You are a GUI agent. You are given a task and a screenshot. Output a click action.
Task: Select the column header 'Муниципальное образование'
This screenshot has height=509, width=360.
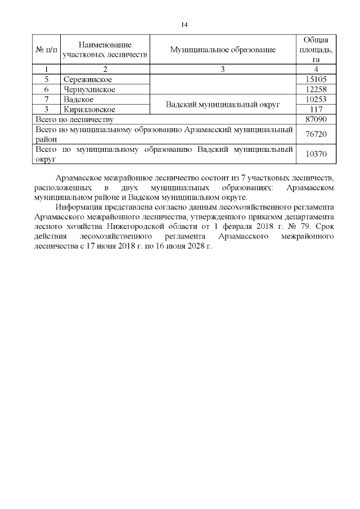pos(223,49)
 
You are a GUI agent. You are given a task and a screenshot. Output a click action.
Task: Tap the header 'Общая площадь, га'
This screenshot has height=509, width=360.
pos(316,49)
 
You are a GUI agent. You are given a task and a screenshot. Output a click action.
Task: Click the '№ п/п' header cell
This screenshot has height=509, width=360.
pos(46,49)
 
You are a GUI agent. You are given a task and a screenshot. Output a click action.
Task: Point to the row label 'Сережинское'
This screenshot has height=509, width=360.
pos(87,79)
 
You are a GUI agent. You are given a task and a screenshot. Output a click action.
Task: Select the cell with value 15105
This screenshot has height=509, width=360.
pos(316,79)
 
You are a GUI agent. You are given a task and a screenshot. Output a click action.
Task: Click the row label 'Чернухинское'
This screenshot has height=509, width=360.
pos(90,89)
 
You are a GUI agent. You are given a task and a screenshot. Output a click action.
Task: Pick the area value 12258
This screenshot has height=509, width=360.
pos(316,89)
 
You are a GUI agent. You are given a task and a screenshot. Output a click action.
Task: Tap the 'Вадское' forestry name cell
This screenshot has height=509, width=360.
pos(79,100)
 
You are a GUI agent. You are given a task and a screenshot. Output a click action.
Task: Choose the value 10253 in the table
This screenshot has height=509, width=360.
pos(316,100)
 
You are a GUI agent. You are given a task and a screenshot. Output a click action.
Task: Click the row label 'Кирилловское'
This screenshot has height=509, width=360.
pos(90,109)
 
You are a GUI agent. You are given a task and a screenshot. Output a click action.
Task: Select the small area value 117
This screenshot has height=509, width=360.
pos(316,109)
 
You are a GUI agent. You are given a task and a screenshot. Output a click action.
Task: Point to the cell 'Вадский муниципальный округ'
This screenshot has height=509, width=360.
pos(223,105)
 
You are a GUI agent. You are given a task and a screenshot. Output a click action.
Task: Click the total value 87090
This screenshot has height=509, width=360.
pos(316,119)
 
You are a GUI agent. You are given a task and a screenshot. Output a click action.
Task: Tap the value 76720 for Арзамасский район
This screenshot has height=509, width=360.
pos(316,134)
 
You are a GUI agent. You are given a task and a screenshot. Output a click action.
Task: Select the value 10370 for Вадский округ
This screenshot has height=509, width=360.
pos(316,154)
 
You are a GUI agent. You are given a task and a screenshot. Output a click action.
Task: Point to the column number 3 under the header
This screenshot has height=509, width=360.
pos(223,69)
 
